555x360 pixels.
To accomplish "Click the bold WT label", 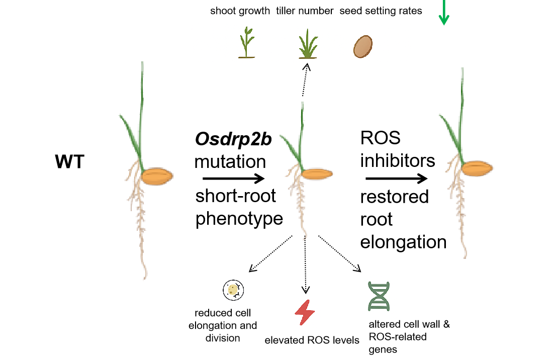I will coord(69,162).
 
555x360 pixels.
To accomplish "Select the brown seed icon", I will coord(362,47).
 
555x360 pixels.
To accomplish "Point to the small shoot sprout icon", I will coord(246,43).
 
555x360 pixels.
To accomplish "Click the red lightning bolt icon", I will coord(305,313).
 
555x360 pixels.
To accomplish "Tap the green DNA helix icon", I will coord(379,297).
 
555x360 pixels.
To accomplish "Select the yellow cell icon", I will coord(233,290).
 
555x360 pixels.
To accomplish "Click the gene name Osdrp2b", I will coord(233,140).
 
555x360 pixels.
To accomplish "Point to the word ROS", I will coord(381,138).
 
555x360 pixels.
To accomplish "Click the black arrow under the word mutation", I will coord(233,178).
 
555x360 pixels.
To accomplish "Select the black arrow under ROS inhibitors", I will coord(397,178).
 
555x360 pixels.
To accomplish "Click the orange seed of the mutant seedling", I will coord(317,173).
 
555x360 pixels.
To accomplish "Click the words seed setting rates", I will coord(381,11).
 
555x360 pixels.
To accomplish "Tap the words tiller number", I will coord(305,11).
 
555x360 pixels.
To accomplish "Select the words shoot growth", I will coord(240,11).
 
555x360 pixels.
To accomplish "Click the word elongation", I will coord(404,242).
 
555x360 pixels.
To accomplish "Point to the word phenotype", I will coord(239,219).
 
